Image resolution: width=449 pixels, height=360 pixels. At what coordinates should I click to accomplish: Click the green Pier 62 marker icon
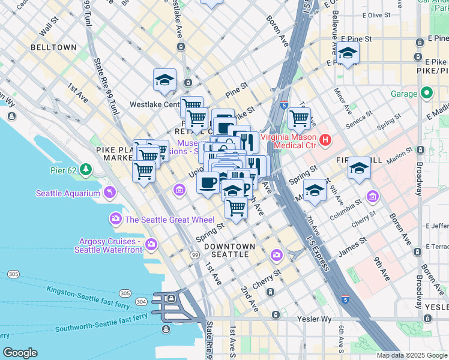point(86,170)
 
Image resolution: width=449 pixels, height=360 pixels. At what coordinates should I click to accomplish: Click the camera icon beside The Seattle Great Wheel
point(115,219)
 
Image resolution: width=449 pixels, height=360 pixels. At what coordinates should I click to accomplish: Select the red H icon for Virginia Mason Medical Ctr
point(325,140)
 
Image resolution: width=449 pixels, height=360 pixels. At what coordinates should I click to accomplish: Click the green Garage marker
point(427,93)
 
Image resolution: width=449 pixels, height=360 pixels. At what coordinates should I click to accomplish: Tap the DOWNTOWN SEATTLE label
point(229,250)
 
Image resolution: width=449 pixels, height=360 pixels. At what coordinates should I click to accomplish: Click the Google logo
point(20,353)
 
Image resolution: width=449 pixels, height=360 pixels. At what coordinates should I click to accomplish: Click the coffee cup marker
point(208,182)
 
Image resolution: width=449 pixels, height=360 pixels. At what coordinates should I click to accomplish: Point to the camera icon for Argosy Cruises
point(151,244)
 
